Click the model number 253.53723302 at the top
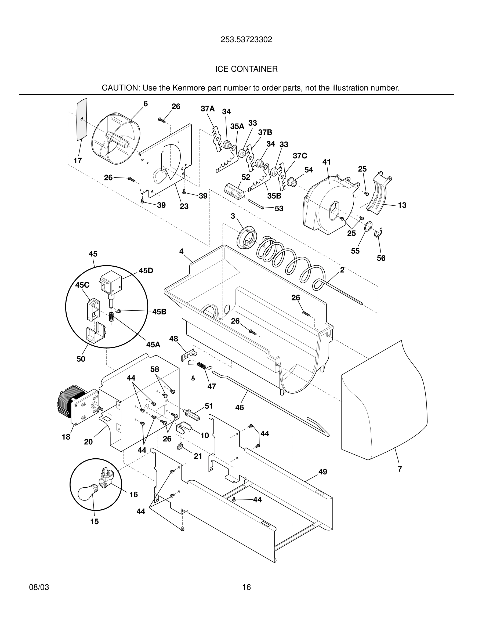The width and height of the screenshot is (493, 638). [246, 39]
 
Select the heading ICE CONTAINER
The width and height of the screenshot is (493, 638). [246, 69]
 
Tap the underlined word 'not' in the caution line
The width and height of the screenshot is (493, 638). [310, 88]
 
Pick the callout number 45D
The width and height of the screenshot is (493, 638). [146, 270]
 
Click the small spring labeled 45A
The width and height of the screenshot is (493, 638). [111, 316]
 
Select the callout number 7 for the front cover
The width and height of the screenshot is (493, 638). [400, 469]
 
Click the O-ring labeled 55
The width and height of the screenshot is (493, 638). [369, 226]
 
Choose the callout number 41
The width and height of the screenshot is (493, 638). [326, 162]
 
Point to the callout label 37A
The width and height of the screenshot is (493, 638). [208, 109]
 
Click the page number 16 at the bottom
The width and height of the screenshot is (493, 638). [246, 587]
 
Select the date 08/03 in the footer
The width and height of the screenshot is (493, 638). [39, 587]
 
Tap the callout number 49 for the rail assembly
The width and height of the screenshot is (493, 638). [322, 472]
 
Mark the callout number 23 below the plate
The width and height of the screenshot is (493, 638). [184, 206]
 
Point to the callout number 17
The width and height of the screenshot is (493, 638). [77, 160]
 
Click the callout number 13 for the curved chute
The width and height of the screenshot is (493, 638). [402, 205]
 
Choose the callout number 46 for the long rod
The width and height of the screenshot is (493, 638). [239, 407]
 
